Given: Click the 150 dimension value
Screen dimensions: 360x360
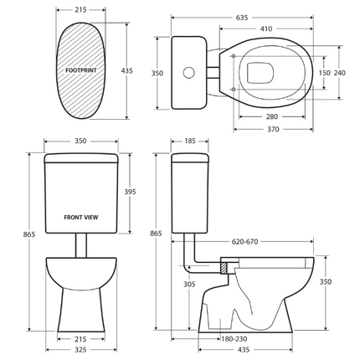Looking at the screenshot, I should (323, 73).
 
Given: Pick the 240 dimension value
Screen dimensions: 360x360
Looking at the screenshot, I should (340, 73).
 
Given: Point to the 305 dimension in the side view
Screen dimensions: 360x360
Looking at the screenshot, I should (189, 285).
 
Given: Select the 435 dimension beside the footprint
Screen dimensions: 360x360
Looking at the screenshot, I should (126, 72).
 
